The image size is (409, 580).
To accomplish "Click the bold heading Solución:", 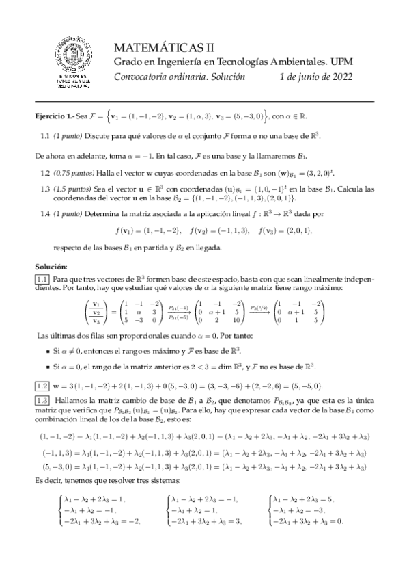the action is [51, 265].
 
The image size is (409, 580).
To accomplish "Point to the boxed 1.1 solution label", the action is [42, 278].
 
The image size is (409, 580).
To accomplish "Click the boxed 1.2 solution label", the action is [42, 384].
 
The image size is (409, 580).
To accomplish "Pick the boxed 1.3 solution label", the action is [42, 399].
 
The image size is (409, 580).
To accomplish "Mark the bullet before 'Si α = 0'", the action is [46, 367].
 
